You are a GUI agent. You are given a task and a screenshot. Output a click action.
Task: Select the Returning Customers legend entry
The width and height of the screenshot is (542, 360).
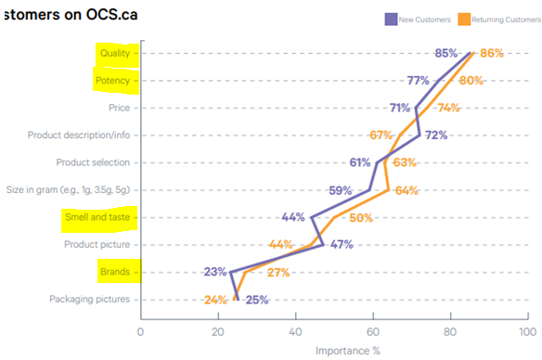tap(497, 19)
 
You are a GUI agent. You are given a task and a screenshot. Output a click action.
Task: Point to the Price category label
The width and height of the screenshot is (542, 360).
tap(120, 108)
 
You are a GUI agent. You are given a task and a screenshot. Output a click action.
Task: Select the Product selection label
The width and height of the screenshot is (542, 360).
tap(93, 162)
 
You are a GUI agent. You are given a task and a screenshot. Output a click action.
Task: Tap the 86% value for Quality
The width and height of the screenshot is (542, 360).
tap(492, 54)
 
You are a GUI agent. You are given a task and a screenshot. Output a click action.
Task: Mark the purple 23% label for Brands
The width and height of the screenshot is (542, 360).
tap(215, 273)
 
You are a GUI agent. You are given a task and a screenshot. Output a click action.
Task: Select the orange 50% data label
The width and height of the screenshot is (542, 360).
tap(361, 218)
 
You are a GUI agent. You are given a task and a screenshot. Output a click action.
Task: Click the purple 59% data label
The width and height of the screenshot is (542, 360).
tap(341, 191)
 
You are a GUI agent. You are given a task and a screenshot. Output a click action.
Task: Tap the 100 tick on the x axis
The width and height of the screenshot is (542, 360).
tap(526, 330)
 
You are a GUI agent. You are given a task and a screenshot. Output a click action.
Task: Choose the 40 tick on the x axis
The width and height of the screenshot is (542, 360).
tap(295, 330)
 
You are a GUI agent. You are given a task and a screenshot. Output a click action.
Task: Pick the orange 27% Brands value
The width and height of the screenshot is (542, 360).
tap(278, 273)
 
